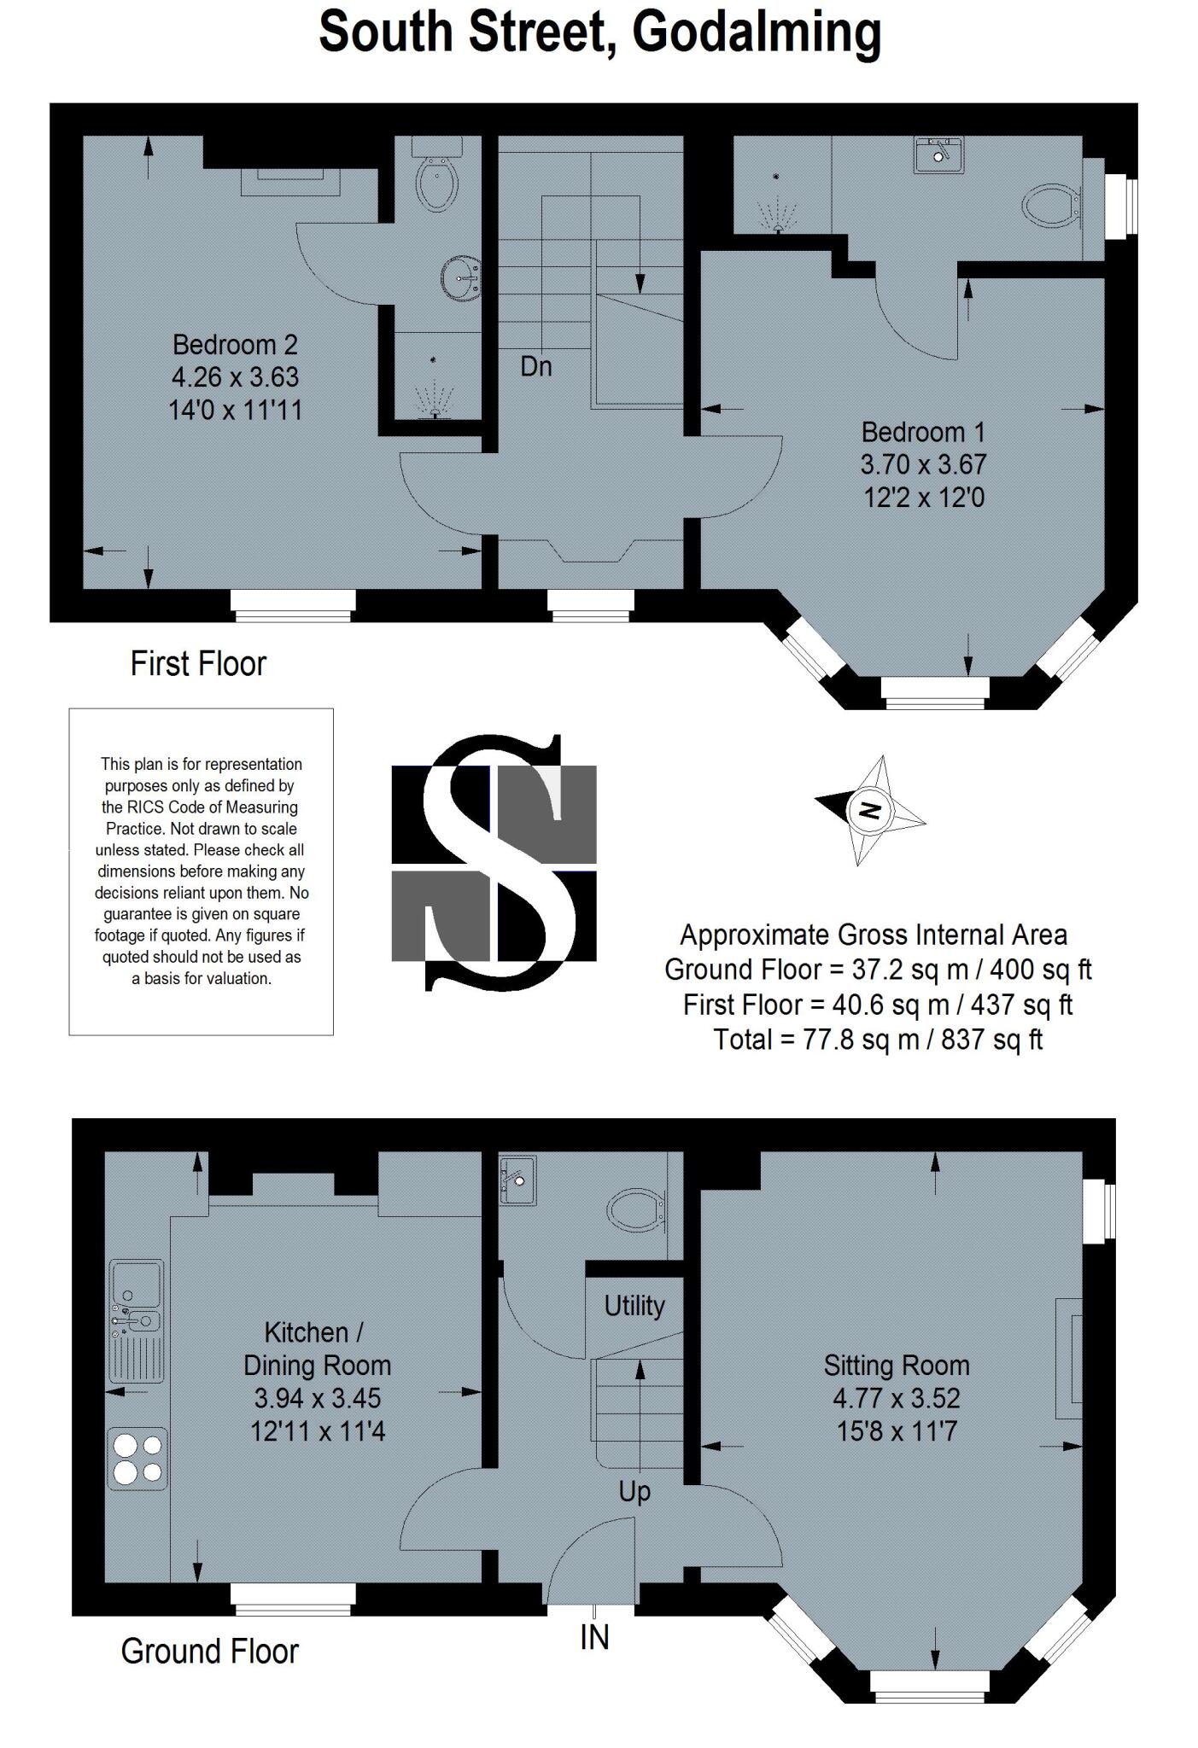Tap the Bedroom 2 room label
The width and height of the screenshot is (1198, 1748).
click(235, 345)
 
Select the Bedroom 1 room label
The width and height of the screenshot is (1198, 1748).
click(923, 432)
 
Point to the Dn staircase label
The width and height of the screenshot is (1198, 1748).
click(536, 367)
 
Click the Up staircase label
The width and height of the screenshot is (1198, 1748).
click(634, 1491)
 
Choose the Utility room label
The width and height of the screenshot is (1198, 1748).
click(634, 1305)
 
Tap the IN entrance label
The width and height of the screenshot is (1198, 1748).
click(594, 1636)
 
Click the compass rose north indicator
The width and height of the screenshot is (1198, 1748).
click(869, 809)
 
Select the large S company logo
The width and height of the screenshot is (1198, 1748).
click(494, 862)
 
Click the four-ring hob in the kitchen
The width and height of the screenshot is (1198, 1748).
click(137, 1459)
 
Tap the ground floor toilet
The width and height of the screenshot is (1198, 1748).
click(635, 1210)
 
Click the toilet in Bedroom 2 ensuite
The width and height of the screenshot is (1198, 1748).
click(438, 173)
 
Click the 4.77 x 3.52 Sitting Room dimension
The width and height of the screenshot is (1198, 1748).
click(897, 1397)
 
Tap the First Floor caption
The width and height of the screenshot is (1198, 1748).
click(198, 663)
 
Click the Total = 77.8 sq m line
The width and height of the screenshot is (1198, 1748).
click(878, 1039)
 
